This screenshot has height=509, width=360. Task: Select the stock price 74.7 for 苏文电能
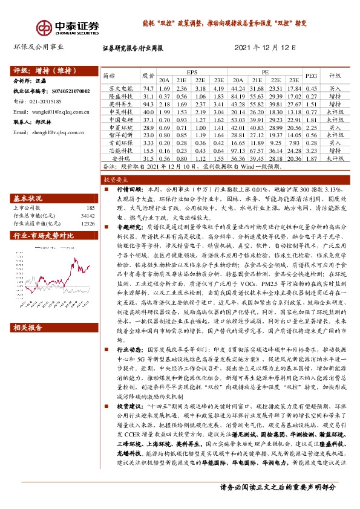point(147,88)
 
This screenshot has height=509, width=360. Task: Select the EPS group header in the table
point(192,71)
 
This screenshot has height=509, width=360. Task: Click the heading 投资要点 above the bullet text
point(114,180)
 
